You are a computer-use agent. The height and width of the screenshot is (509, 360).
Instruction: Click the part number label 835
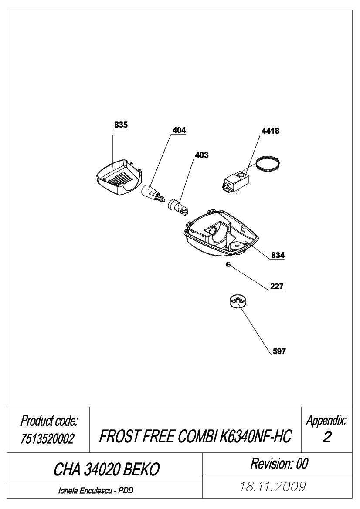121,125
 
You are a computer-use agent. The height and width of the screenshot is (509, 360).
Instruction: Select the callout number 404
179,130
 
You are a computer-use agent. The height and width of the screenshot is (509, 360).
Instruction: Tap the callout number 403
201,155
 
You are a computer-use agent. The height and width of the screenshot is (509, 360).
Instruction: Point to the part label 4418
270,131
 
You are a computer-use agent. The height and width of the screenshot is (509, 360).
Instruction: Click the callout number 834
278,255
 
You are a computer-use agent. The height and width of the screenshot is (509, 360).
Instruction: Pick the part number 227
277,286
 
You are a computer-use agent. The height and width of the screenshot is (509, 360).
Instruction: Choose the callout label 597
279,351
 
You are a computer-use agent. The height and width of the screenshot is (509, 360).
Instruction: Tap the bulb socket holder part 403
178,207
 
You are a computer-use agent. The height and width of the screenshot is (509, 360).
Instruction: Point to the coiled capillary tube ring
267,163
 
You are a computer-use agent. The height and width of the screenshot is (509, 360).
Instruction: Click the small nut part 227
228,265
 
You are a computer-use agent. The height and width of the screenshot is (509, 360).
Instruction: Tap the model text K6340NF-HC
256,436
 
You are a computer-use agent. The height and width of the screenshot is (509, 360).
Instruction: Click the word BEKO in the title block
142,469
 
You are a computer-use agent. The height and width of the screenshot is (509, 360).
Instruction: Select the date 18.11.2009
273,487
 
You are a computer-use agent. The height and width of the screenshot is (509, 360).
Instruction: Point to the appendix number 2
326,437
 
